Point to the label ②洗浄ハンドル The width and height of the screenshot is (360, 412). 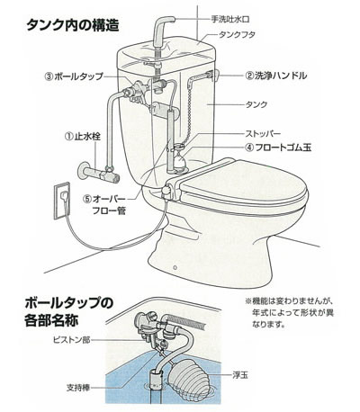pyautogui.click(x=275, y=76)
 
